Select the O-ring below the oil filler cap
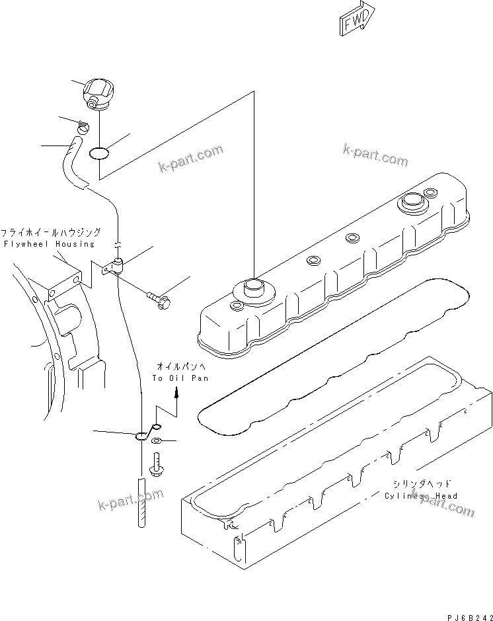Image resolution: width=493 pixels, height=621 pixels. tap(98, 153)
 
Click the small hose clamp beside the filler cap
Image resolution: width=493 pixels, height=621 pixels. tap(83, 127)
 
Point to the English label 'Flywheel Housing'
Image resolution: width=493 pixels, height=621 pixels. tap(49, 244)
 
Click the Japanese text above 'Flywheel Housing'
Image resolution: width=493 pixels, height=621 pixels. tap(51, 233)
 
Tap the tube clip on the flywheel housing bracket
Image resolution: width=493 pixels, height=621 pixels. tap(118, 265)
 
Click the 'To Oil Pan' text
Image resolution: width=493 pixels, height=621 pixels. tap(180, 378)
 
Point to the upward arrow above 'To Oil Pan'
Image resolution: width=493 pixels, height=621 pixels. tap(176, 393)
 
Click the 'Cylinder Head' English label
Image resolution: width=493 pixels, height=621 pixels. tap(420, 495)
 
